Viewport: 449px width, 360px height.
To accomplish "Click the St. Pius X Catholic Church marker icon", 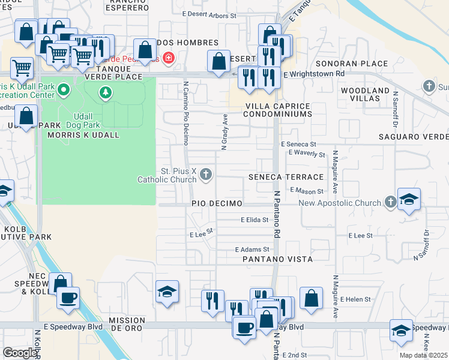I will click(206, 175).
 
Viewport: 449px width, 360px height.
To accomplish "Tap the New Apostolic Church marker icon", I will click(391, 202).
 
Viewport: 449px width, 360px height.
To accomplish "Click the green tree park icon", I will click(106, 92).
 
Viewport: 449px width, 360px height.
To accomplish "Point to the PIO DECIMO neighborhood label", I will click(217, 204).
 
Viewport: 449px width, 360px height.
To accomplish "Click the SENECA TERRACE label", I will click(286, 177).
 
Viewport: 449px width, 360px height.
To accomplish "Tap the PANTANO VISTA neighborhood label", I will click(277, 259).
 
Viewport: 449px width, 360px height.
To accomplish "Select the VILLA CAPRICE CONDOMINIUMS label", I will click(277, 110).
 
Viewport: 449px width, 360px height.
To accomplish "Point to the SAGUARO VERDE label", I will click(413, 137).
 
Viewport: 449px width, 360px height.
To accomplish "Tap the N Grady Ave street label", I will click(224, 131).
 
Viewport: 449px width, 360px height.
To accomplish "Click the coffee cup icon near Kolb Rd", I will click(68, 297).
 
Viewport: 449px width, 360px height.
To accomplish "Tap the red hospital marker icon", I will click(169, 58).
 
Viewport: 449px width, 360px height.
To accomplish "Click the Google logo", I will click(20, 353).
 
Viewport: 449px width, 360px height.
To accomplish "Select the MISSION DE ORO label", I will click(127, 325).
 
